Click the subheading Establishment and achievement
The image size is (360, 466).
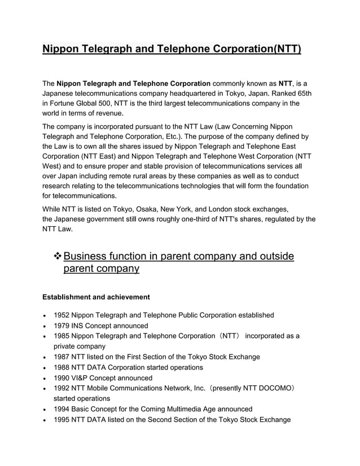[x=96, y=297]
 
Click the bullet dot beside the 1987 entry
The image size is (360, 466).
[x=45, y=358]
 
